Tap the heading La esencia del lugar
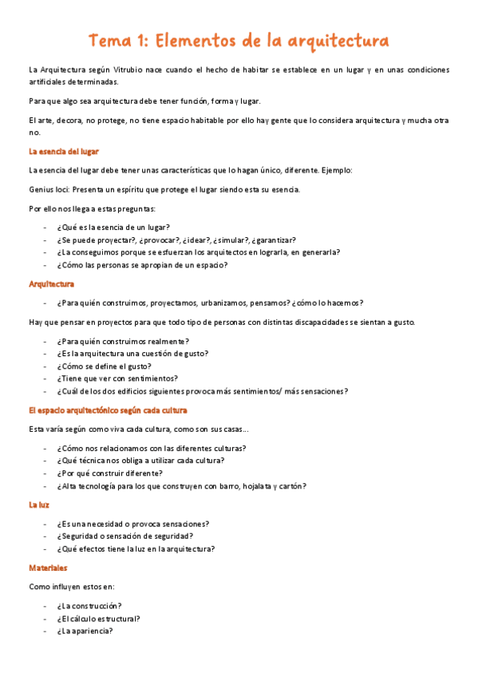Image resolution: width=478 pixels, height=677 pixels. [64, 151]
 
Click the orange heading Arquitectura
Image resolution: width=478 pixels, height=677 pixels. [52, 283]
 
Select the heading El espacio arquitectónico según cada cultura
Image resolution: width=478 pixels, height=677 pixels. [107, 410]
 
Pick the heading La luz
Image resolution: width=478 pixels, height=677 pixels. [39, 505]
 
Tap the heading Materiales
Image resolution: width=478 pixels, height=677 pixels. [48, 568]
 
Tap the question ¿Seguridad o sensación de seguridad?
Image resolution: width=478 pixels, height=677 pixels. [126, 536]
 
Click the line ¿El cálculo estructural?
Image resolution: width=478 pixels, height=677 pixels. [98, 618]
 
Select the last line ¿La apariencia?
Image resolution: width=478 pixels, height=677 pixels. [85, 631]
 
